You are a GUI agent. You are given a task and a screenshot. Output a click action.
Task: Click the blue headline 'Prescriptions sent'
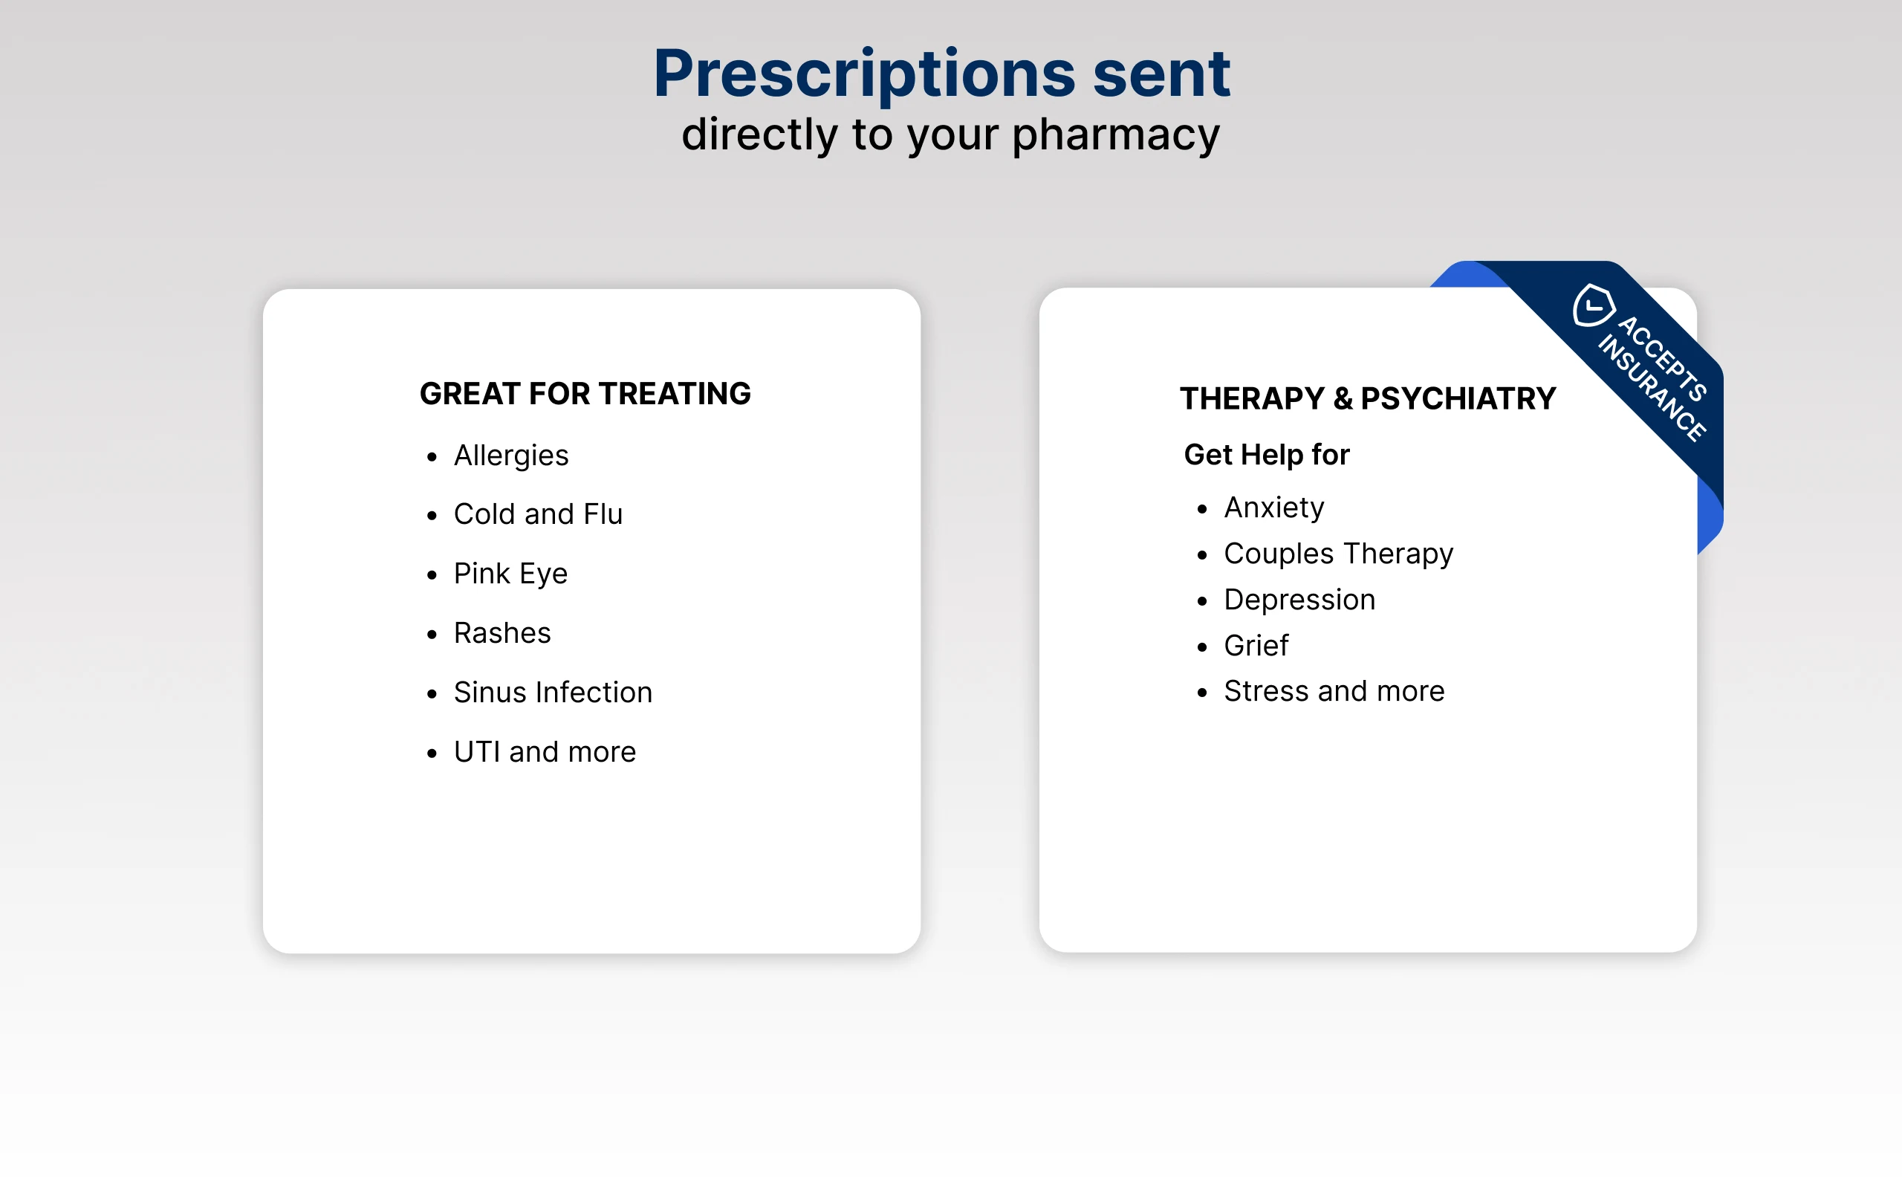[x=941, y=75]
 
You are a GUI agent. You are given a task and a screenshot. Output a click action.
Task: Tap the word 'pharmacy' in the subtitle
[x=1116, y=135]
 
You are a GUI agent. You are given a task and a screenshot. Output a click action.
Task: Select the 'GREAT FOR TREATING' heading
[x=585, y=393]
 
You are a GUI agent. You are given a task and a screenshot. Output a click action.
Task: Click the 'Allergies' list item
[x=511, y=456]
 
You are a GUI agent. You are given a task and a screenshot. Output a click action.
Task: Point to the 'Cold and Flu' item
[x=539, y=514]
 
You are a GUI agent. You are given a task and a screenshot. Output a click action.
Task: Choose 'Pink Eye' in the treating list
[x=511, y=574]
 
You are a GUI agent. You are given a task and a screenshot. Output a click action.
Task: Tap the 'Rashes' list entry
[x=502, y=633]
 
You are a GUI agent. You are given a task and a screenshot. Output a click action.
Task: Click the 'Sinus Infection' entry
[x=554, y=692]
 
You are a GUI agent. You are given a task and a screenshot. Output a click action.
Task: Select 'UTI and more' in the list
[x=545, y=752]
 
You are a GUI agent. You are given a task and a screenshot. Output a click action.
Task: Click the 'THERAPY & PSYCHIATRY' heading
[x=1368, y=399]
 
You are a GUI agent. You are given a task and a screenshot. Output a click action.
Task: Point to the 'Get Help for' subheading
[x=1267, y=455]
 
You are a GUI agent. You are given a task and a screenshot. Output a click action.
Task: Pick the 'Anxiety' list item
[x=1274, y=508]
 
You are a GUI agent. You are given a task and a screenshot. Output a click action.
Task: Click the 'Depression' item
[x=1300, y=600]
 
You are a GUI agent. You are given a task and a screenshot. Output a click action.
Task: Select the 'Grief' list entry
[x=1256, y=646]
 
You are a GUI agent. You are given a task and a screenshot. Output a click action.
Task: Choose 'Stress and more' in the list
[x=1334, y=691]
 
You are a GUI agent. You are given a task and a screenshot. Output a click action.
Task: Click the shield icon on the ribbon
[x=1594, y=305]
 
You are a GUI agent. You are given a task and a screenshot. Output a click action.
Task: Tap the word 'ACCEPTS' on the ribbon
[x=1663, y=359]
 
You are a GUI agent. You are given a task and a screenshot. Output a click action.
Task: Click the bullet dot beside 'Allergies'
[x=432, y=457]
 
